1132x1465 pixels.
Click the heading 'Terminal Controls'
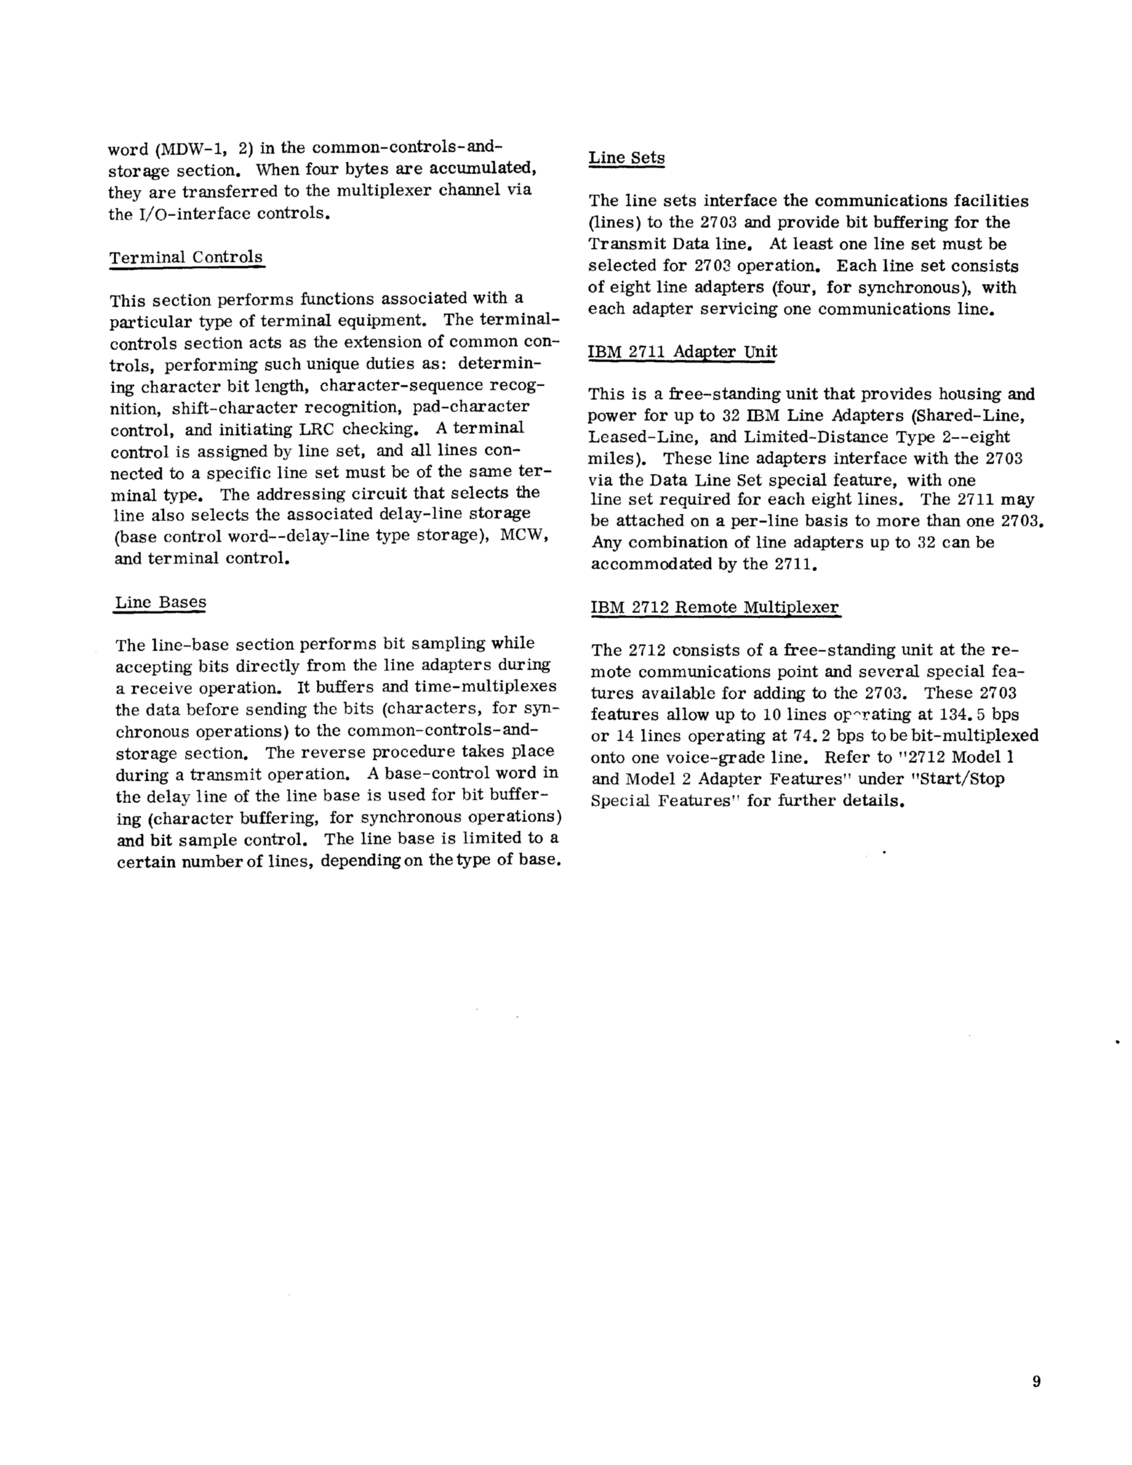186,257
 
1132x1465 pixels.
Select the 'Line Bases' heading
160,602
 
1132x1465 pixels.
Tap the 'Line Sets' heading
626,158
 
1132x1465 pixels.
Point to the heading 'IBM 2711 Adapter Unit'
682,351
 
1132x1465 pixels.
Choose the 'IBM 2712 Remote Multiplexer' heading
714,607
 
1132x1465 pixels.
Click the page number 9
1036,1381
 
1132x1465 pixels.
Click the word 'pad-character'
471,407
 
